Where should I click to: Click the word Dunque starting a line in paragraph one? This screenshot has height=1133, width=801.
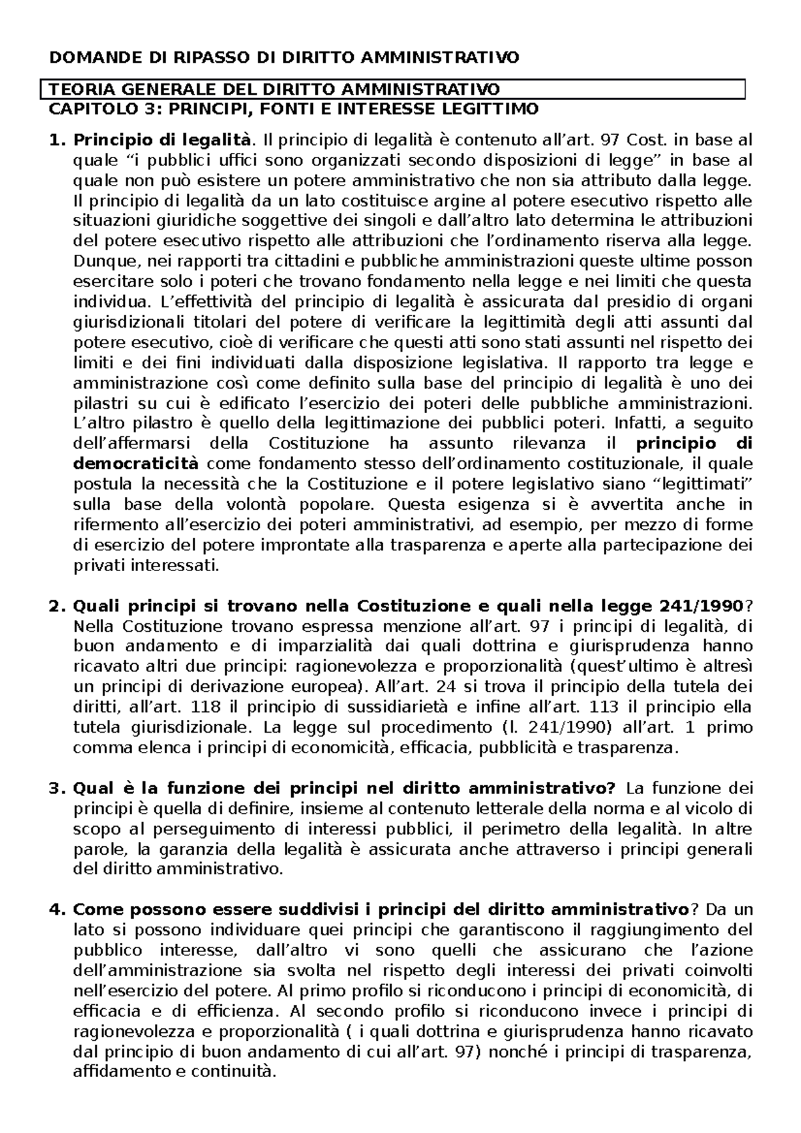[x=101, y=262]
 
